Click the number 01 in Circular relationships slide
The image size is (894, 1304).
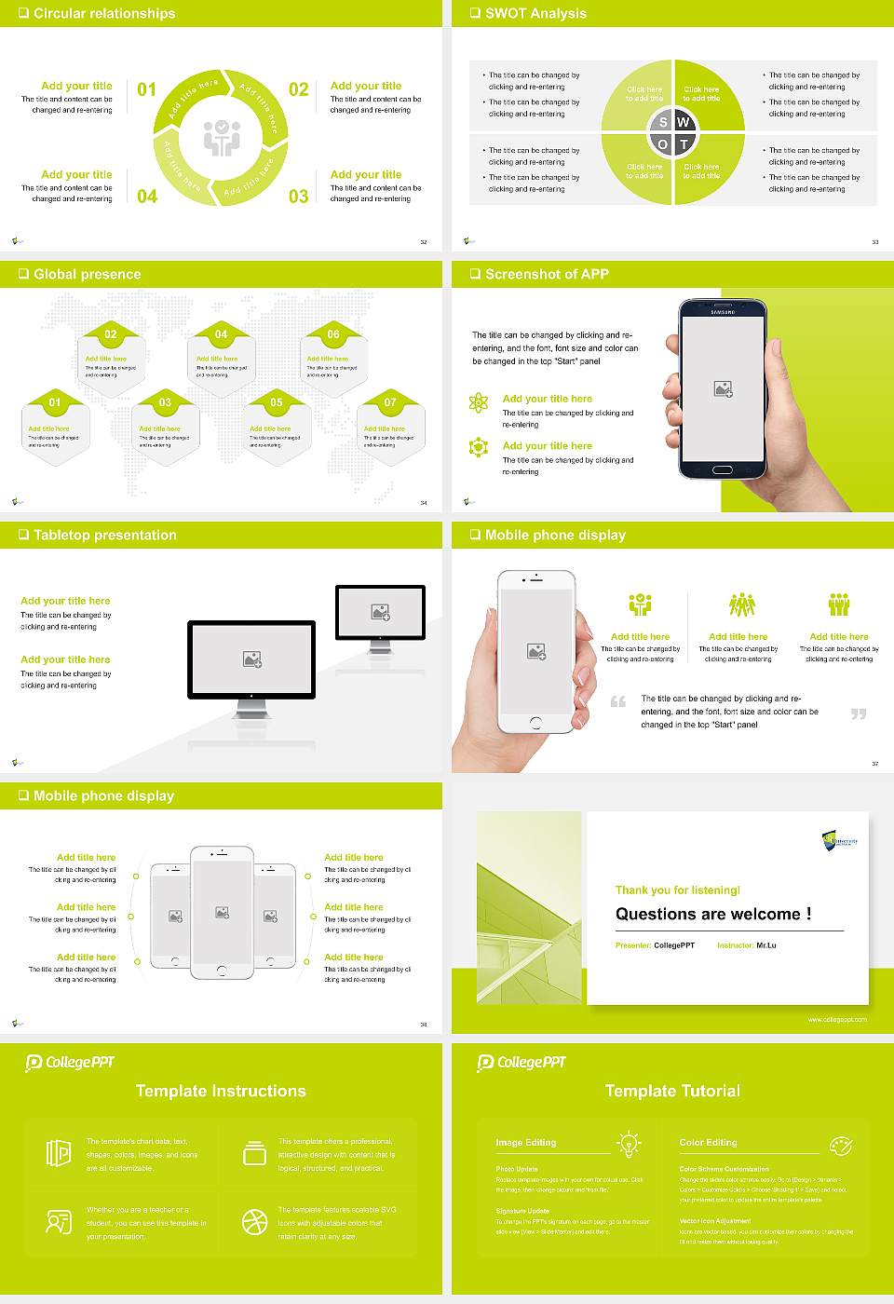pos(147,89)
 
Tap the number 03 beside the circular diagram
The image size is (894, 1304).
pos(298,197)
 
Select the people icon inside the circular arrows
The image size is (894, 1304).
pos(222,137)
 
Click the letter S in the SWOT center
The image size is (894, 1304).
pos(663,122)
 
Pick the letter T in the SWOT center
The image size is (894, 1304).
pos(684,144)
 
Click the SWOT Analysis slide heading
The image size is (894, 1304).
pos(535,13)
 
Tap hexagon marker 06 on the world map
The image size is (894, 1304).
pos(333,334)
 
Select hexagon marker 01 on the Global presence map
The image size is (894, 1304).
pos(55,402)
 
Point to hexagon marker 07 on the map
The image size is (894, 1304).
pos(390,402)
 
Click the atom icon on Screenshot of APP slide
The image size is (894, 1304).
pos(479,402)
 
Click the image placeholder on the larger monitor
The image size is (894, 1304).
pos(251,659)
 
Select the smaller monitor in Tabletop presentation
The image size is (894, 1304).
pos(380,612)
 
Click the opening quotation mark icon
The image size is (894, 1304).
pos(618,701)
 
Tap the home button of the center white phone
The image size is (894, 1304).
pos(222,970)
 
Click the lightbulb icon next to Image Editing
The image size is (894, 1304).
pos(629,1143)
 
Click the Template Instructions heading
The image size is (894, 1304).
pos(221,1091)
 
